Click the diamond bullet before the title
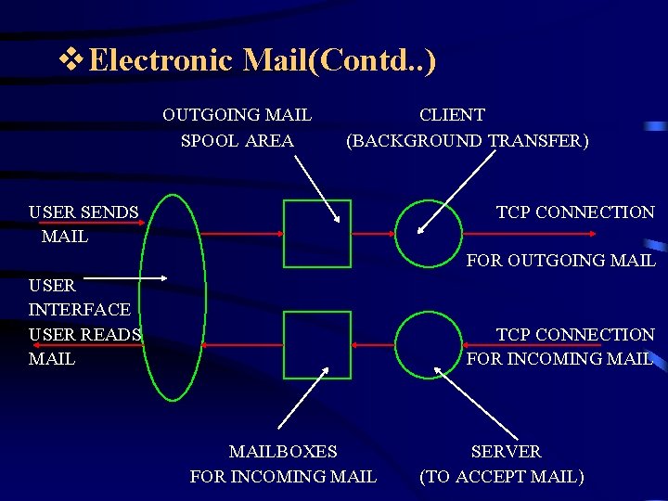click(71, 60)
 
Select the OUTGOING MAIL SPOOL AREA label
click(237, 128)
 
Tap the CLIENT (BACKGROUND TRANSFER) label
click(466, 128)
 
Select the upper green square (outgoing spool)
click(317, 234)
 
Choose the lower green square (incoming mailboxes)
click(317, 345)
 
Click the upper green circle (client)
click(429, 234)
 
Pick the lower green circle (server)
click(429, 344)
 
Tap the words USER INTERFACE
click(79, 297)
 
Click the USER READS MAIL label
click(83, 345)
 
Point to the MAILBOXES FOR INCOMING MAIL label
click(283, 464)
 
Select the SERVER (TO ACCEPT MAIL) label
click(503, 464)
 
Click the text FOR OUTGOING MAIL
click(560, 261)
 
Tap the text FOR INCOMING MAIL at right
click(559, 358)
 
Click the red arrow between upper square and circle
click(373, 234)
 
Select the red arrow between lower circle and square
click(373, 344)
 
